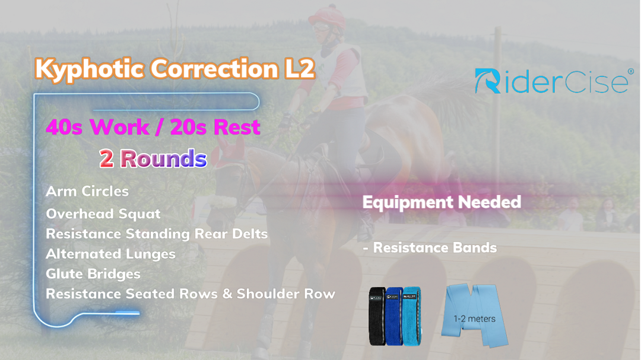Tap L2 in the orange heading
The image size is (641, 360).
(x=300, y=68)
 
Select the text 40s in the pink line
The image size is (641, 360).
(x=64, y=127)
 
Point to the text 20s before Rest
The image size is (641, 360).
(x=188, y=127)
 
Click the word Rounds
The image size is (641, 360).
(x=164, y=158)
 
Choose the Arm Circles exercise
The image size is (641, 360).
(x=87, y=191)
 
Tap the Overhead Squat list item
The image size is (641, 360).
(x=103, y=214)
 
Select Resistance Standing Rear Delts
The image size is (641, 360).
(x=157, y=234)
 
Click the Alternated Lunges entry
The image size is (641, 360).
(x=110, y=254)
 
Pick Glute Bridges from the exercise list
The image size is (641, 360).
(x=93, y=274)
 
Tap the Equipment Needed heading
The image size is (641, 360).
(x=442, y=202)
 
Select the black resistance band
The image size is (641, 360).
(x=377, y=316)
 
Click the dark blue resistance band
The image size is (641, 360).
(x=394, y=316)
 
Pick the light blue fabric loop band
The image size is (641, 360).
(x=412, y=316)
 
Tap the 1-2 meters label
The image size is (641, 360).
(x=474, y=318)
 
